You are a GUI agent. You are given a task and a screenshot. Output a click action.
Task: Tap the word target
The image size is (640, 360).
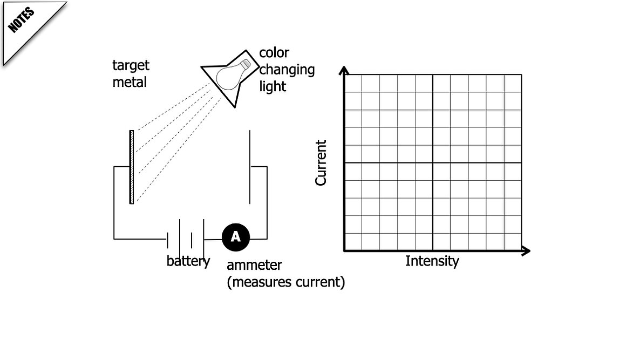tap(131, 66)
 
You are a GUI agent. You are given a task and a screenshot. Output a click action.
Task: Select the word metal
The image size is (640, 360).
tap(129, 83)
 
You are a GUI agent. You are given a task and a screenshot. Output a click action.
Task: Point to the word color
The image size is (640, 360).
tap(274, 53)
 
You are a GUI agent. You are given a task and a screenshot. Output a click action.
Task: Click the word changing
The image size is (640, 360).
tap(287, 70)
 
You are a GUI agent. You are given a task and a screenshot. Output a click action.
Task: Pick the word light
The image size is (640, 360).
tap(273, 86)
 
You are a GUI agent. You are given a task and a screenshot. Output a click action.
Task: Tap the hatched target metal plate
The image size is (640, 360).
tap(132, 167)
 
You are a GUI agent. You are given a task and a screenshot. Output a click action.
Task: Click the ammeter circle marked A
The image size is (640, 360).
tap(235, 237)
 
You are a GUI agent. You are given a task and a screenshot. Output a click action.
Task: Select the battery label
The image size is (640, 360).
tap(188, 261)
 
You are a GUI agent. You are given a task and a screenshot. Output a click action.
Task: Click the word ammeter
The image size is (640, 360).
tap(254, 266)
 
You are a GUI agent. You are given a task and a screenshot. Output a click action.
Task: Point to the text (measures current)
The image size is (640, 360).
tap(285, 282)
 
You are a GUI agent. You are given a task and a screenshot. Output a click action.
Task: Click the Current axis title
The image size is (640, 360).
tap(321, 162)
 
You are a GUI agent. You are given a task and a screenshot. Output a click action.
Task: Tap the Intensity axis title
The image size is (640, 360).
tap(432, 261)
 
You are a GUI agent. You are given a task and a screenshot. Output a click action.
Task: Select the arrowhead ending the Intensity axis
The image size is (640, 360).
tap(526, 250)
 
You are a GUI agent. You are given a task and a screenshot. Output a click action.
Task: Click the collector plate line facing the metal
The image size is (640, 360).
tap(250, 167)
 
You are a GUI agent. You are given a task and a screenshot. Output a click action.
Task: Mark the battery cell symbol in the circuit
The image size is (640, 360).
tap(186, 236)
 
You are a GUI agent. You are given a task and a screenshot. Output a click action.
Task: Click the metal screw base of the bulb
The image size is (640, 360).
tap(246, 65)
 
